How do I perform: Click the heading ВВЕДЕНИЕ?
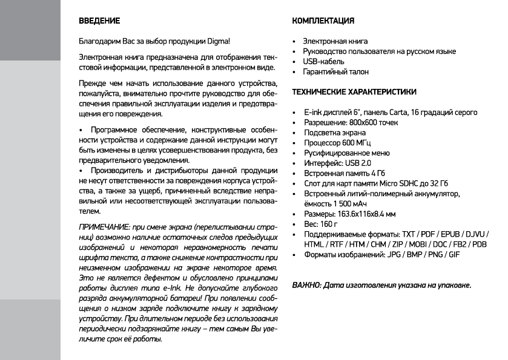point(99,21)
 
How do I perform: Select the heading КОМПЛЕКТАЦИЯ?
point(323,21)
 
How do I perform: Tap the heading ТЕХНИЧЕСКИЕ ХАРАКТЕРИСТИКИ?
point(354,92)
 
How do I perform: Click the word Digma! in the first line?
point(217,42)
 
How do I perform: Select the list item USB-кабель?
point(324,62)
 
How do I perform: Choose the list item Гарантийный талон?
point(336,72)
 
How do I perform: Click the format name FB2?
point(460,244)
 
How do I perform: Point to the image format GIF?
point(452,255)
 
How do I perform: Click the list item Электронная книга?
point(335,42)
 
